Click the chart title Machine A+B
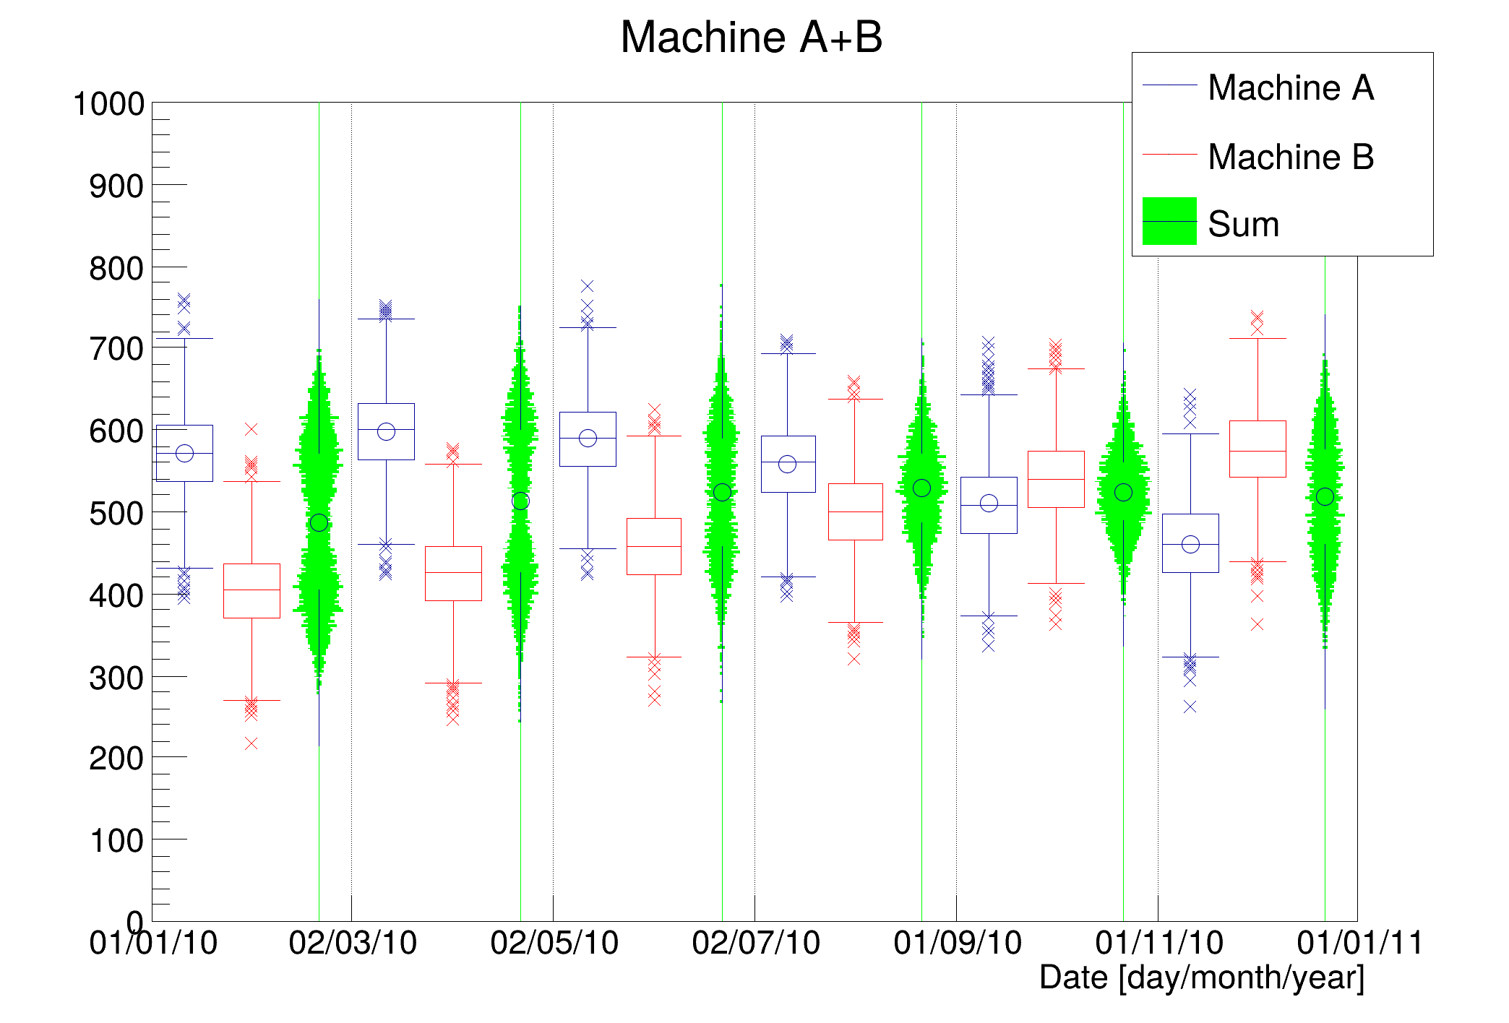click(x=752, y=37)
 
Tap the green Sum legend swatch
click(x=1169, y=221)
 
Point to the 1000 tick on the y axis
click(x=108, y=104)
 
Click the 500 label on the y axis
click(x=116, y=514)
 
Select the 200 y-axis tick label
click(x=116, y=759)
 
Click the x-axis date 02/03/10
click(x=353, y=943)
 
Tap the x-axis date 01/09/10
click(x=958, y=943)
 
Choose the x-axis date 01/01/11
click(x=1360, y=943)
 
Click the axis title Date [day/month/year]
click(x=1201, y=977)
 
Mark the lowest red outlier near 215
click(x=251, y=743)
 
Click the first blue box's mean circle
click(x=184, y=453)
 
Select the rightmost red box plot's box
click(x=1257, y=449)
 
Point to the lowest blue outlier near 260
click(x=1190, y=707)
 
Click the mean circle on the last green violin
click(x=1325, y=496)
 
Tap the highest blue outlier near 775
click(x=587, y=286)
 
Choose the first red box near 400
click(x=252, y=590)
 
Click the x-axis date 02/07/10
click(x=756, y=943)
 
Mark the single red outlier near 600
click(x=251, y=429)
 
